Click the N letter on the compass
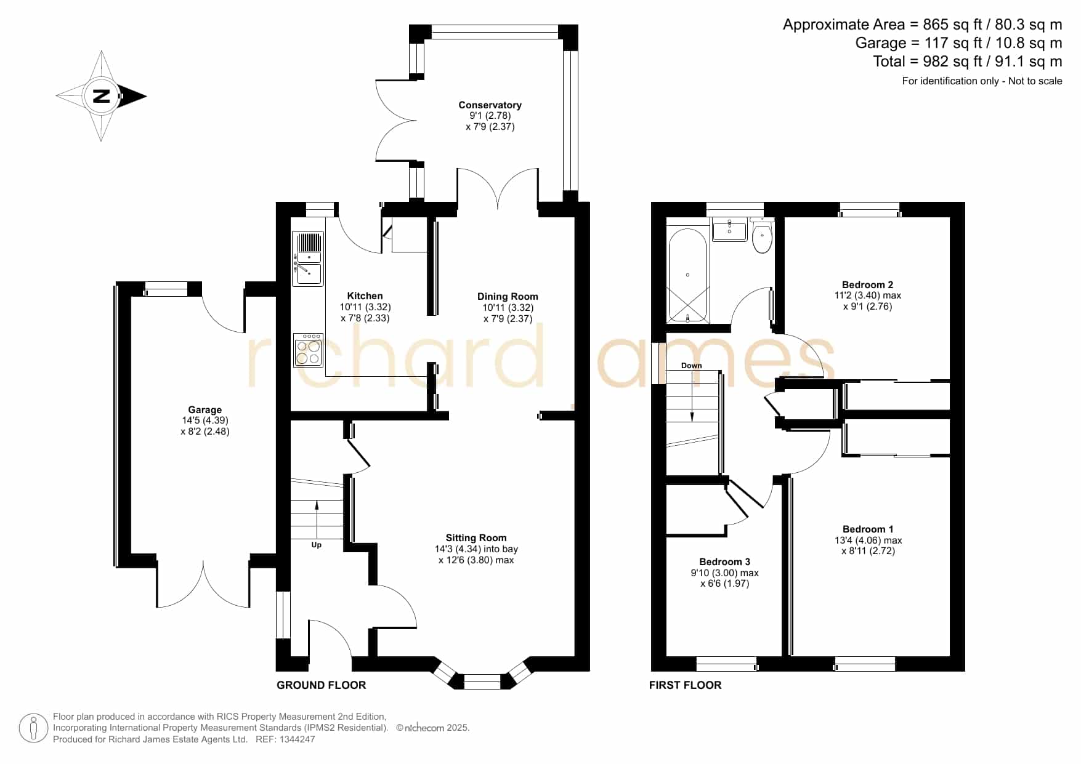click(x=101, y=96)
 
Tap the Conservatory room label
click(x=490, y=105)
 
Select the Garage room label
click(x=205, y=410)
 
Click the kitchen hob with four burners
click(x=309, y=350)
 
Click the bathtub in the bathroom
click(x=688, y=275)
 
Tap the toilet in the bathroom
click(x=763, y=236)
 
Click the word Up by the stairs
click(x=316, y=545)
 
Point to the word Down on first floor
click(x=691, y=366)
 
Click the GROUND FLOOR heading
click(x=321, y=685)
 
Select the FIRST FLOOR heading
click(x=685, y=685)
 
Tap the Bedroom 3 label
click(x=724, y=562)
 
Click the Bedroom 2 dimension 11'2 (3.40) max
click(x=867, y=296)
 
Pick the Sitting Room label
click(x=476, y=538)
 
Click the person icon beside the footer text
click(x=33, y=728)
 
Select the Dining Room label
click(x=508, y=297)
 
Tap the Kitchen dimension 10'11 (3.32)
click(x=365, y=307)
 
